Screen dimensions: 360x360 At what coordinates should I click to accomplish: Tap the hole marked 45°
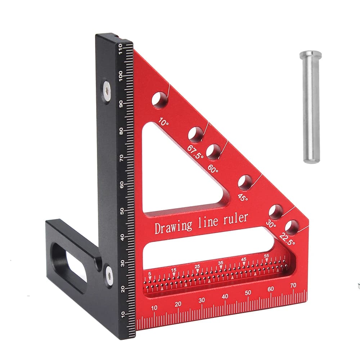245,183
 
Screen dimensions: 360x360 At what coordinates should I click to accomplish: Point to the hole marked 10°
159,100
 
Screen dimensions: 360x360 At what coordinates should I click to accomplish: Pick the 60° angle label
212,168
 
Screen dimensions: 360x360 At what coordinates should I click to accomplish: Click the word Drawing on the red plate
174,226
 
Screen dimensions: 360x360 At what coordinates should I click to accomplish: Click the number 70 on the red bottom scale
293,285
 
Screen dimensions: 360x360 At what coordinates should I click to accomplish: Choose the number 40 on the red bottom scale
225,296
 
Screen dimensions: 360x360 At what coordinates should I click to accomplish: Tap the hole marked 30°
276,211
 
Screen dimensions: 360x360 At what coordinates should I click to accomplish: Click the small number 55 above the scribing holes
266,256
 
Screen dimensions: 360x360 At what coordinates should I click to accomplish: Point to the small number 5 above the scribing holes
149,274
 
